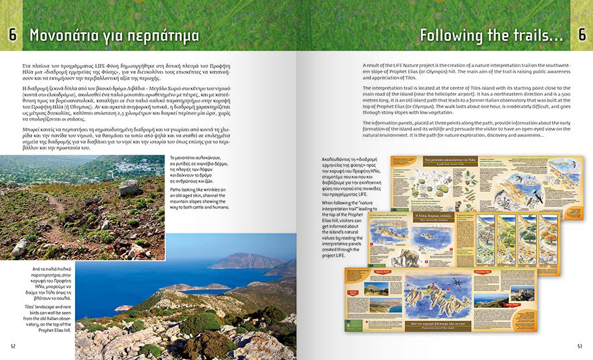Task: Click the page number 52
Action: (x=13, y=346)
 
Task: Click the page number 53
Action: (x=580, y=346)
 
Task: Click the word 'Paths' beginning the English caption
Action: (x=176, y=190)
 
